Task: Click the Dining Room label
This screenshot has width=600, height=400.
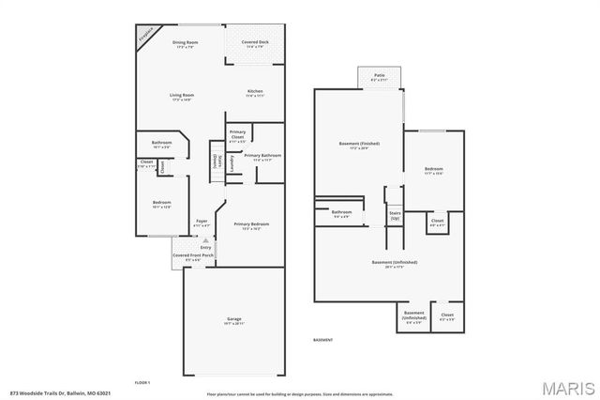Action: [185, 43]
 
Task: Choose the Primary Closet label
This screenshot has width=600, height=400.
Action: [237, 134]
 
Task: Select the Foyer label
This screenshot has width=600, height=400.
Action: [201, 223]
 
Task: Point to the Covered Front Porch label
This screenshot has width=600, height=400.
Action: [193, 256]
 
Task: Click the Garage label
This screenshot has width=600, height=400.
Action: [233, 320]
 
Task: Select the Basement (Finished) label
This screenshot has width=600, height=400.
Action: [359, 145]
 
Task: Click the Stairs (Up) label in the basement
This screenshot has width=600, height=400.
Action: [395, 215]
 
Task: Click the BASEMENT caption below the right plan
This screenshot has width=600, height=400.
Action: [322, 339]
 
